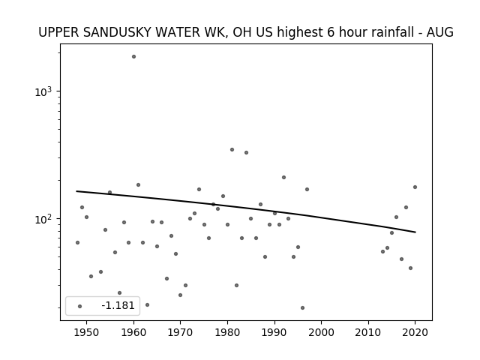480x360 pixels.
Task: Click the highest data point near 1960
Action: (133, 57)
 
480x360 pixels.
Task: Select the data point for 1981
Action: (232, 150)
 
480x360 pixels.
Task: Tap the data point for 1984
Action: (246, 152)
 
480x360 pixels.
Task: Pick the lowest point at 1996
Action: (302, 307)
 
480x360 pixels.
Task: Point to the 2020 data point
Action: (415, 187)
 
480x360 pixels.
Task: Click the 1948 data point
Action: (77, 242)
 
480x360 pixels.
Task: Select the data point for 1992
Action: (283, 177)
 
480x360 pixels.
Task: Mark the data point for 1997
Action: (307, 189)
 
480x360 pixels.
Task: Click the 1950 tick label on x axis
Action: (87, 332)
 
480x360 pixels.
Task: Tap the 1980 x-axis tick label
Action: (227, 332)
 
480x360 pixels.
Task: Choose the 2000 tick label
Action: (322, 332)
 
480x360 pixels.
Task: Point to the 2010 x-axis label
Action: (368, 332)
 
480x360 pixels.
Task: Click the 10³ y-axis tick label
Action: (43, 91)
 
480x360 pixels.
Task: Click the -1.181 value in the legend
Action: (118, 305)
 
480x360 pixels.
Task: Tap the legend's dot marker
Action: (79, 306)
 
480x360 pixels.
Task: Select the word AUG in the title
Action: (440, 32)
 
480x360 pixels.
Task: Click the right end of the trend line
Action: (415, 232)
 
